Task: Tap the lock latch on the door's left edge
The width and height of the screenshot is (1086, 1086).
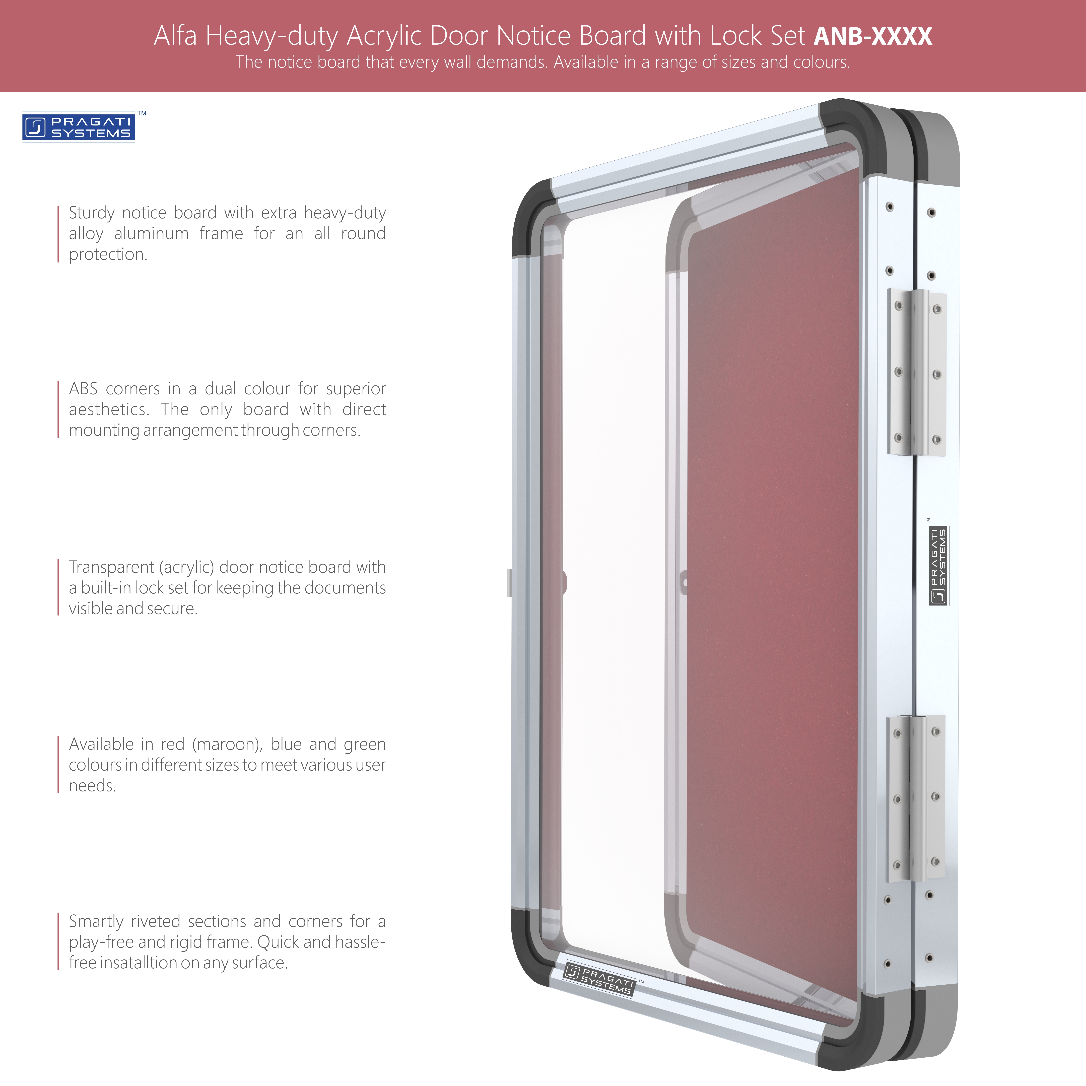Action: tap(509, 582)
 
